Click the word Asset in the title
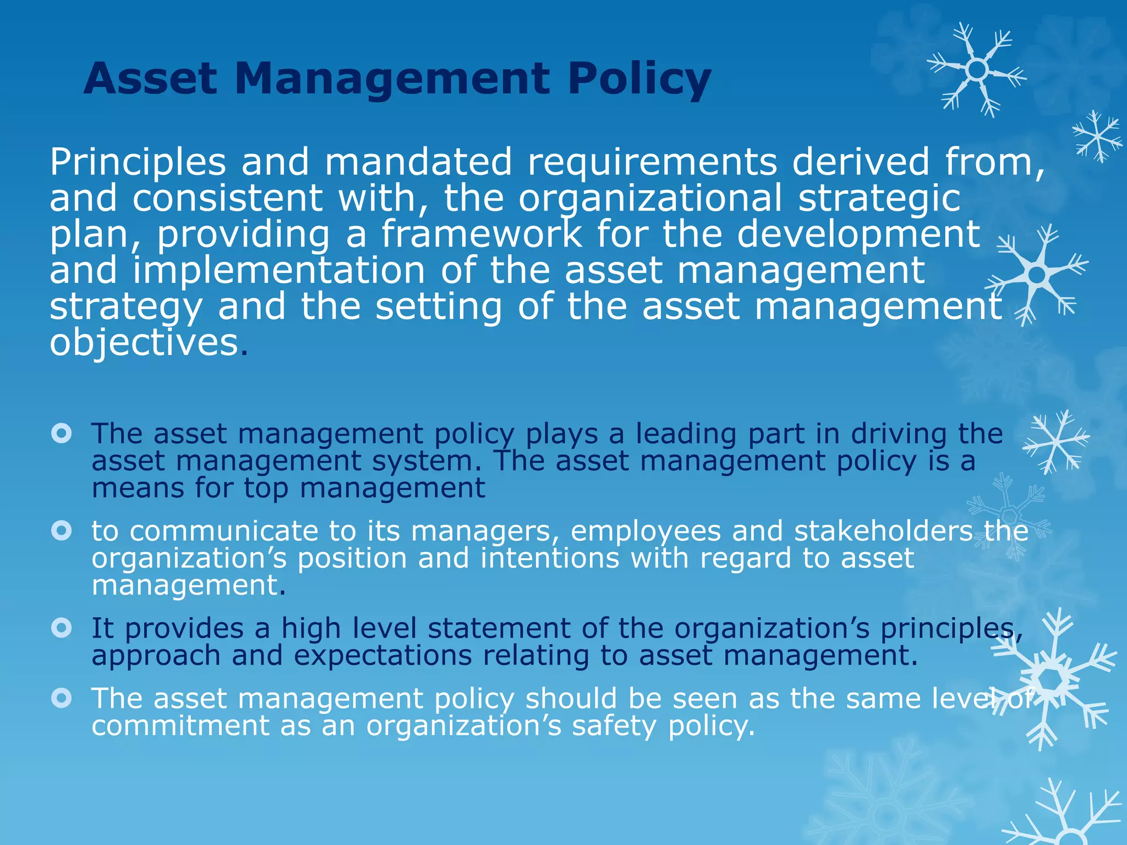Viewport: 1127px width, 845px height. (x=150, y=79)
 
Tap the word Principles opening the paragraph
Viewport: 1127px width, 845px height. (x=138, y=162)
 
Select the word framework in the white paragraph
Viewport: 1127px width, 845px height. (x=482, y=234)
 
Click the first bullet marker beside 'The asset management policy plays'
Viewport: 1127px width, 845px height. (x=62, y=434)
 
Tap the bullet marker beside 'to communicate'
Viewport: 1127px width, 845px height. (x=62, y=531)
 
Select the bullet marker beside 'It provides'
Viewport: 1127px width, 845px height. (x=62, y=628)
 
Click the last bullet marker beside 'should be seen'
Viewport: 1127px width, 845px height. (x=62, y=698)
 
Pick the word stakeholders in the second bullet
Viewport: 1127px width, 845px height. (x=883, y=531)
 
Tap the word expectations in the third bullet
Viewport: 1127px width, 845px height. (x=382, y=656)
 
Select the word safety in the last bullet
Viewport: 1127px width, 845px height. (x=614, y=726)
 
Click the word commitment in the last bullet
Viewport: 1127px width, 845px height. (x=180, y=726)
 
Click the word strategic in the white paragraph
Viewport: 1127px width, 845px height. (x=879, y=198)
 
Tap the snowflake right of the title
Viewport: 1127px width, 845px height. (x=977, y=70)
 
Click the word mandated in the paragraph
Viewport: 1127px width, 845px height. (x=418, y=162)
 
